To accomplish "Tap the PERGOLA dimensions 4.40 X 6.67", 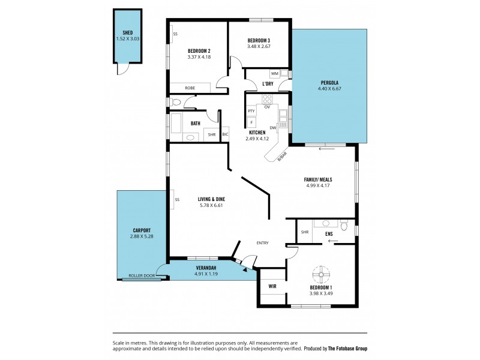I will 329,89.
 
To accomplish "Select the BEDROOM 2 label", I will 199,51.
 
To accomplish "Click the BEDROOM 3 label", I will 259,41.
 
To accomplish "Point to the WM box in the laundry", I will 274,74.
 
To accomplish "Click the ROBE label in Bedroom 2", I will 190,88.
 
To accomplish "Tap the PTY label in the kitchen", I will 251,111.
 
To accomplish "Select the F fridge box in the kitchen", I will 251,122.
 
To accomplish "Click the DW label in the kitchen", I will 272,127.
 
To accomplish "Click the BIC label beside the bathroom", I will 225,134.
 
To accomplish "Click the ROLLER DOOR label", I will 142,276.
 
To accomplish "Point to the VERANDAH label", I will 205,268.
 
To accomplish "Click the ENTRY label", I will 262,243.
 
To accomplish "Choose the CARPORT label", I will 142,230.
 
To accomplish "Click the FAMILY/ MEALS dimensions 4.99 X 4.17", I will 318,186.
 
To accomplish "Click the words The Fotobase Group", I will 347,348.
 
